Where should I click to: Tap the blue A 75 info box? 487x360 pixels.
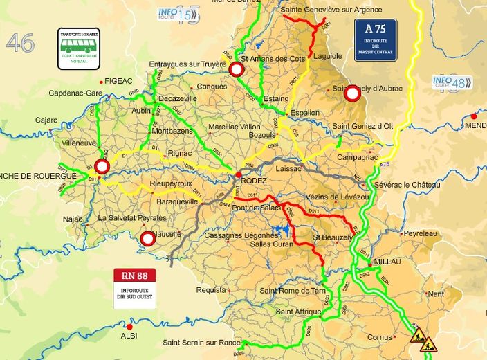pyautogui.click(x=376, y=40)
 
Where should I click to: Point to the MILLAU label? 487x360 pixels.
pyautogui.click(x=387, y=262)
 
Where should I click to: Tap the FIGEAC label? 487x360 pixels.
pyautogui.click(x=118, y=81)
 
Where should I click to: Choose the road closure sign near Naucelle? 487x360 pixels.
pyautogui.click(x=147, y=240)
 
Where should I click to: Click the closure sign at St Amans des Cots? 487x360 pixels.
pyautogui.click(x=237, y=69)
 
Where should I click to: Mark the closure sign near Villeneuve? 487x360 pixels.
pyautogui.click(x=102, y=167)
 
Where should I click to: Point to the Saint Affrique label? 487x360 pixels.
pyautogui.click(x=298, y=312)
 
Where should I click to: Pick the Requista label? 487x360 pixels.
pyautogui.click(x=211, y=289)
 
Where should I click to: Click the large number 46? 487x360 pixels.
pyautogui.click(x=20, y=43)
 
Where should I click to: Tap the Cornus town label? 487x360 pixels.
pyautogui.click(x=380, y=337)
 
